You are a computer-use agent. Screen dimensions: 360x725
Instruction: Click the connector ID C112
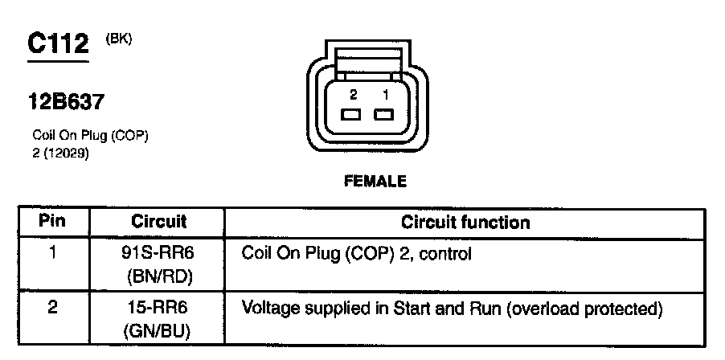coord(58,44)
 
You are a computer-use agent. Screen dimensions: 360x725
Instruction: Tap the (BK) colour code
coord(118,39)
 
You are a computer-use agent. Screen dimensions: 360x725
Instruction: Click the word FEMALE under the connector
coord(375,182)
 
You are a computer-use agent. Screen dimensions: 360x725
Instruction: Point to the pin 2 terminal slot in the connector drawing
coord(352,113)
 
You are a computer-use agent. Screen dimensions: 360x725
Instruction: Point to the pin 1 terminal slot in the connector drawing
coord(385,113)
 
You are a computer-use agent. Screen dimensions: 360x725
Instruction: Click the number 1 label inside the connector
coord(386,94)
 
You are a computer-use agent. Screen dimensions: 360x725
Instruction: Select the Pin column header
coord(52,221)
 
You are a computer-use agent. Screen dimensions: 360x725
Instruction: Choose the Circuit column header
coord(159,221)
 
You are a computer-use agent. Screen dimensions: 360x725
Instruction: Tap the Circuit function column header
coord(465,221)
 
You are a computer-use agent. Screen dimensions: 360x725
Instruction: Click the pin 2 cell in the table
coord(52,308)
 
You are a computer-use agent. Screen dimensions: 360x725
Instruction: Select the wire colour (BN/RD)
coord(159,276)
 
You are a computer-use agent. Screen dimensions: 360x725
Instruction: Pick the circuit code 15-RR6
coord(159,308)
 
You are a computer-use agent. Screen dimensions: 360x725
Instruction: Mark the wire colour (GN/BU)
coord(159,329)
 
